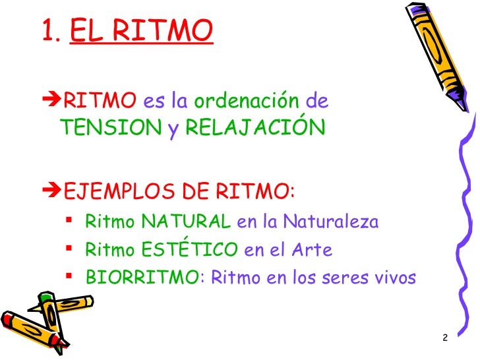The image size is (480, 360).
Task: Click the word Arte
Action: pos(315,250)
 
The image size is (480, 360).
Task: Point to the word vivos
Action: pos(395,278)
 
